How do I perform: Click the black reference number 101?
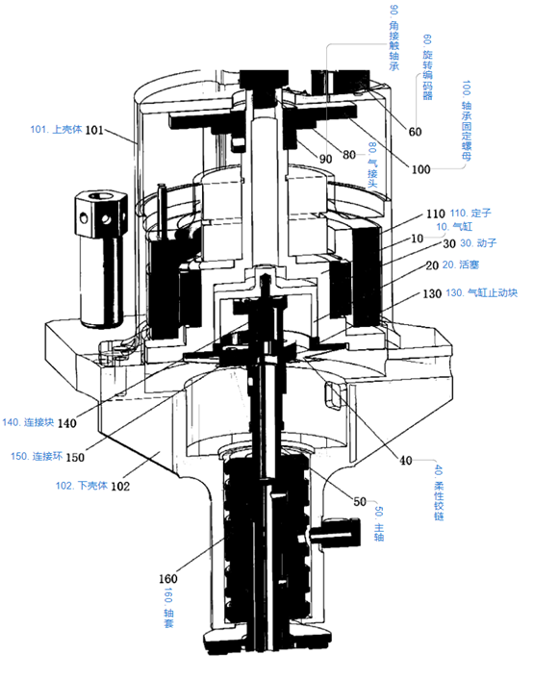(94, 130)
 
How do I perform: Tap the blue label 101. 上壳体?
(56, 129)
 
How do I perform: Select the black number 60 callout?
(415, 132)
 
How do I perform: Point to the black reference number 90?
(325, 159)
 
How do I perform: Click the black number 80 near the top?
(349, 155)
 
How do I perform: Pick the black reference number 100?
(420, 169)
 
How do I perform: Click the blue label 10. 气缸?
(454, 226)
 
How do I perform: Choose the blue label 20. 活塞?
(461, 264)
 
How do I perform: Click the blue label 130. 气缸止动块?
(481, 292)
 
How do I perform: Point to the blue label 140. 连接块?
(28, 422)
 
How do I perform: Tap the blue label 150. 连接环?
(37, 456)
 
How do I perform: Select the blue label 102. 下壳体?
(81, 486)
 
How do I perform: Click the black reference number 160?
(167, 578)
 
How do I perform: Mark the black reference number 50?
(360, 502)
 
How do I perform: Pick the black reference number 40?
(405, 460)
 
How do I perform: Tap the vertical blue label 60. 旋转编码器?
(427, 67)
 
